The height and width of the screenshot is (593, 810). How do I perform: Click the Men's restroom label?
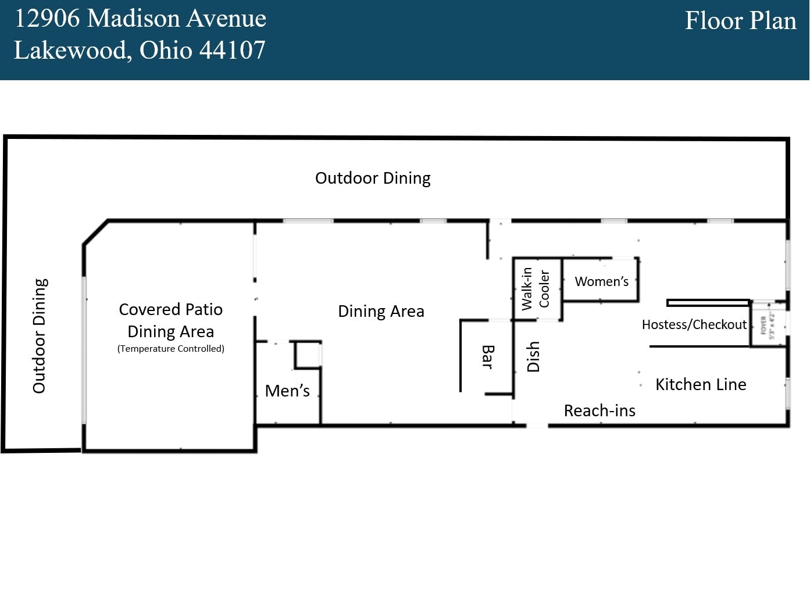click(287, 391)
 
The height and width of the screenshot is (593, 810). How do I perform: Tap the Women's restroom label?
click(601, 281)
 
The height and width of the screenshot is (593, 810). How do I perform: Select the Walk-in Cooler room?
click(536, 289)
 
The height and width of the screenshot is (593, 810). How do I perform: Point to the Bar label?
click(488, 357)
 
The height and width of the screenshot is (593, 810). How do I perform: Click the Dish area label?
click(533, 356)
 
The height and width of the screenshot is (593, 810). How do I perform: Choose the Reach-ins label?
click(600, 410)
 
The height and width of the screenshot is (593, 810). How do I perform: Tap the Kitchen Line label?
click(701, 384)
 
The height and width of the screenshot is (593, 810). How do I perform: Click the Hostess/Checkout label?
click(694, 324)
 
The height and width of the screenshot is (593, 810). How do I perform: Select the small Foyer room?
click(767, 325)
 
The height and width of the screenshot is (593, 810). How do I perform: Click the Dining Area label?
click(381, 311)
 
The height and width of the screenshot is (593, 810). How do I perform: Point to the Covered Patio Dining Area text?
click(170, 320)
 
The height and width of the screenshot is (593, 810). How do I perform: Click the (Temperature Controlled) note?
click(170, 349)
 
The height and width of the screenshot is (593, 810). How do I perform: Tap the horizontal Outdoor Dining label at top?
click(373, 178)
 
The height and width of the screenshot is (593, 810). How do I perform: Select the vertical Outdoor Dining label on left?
click(40, 336)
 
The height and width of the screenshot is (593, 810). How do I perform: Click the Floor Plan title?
click(740, 21)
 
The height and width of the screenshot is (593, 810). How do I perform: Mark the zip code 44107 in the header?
click(233, 51)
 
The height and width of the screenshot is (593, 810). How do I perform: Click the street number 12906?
click(47, 19)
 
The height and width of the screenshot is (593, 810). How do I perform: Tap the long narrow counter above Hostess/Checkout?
click(708, 302)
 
